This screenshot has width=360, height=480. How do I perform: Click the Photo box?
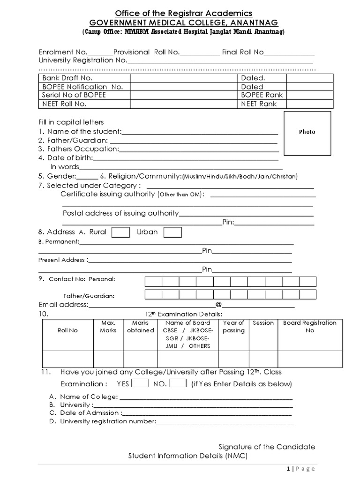pyautogui.click(x=307, y=133)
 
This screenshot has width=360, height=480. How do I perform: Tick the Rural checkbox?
pyautogui.click(x=121, y=232)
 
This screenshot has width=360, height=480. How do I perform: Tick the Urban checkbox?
pyautogui.click(x=172, y=232)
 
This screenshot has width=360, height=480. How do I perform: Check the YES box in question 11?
pyautogui.click(x=140, y=383)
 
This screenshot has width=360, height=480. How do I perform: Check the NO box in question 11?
pyautogui.click(x=178, y=383)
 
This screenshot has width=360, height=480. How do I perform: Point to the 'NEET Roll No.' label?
pyautogui.click(x=64, y=104)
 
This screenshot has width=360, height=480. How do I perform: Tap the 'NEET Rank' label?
pyautogui.click(x=259, y=104)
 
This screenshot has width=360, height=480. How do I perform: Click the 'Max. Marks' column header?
pyautogui.click(x=108, y=327)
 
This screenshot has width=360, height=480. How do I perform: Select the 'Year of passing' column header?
pyautogui.click(x=233, y=327)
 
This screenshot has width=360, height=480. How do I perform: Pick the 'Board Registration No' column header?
pyautogui.click(x=309, y=327)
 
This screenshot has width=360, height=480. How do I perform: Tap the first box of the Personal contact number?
pyautogui.click(x=153, y=281)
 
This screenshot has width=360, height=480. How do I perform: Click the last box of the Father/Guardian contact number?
pyautogui.click(x=307, y=294)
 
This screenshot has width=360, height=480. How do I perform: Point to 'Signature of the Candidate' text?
pyautogui.click(x=267, y=447)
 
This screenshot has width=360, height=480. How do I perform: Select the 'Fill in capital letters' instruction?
pyautogui.click(x=71, y=122)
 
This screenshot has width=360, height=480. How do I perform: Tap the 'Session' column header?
pyautogui.click(x=263, y=323)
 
